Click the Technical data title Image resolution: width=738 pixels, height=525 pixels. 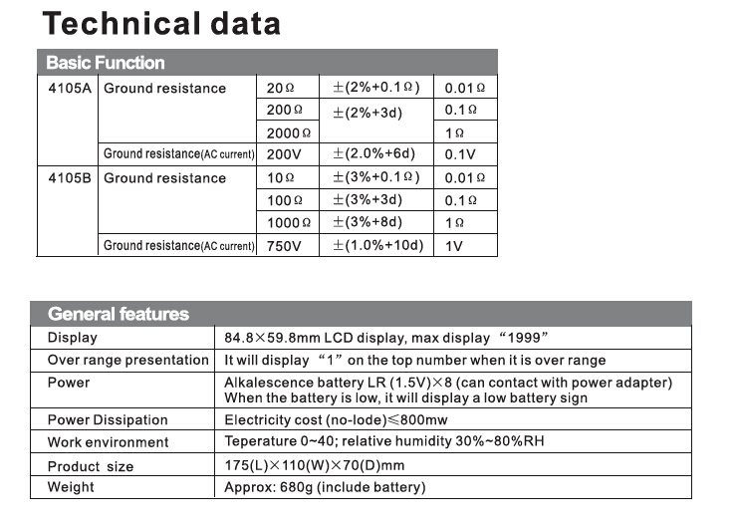click(x=162, y=24)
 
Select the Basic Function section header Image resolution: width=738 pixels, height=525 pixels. click(x=105, y=63)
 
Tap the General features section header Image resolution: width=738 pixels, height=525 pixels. click(x=118, y=314)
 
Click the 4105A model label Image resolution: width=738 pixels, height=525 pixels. click(x=69, y=89)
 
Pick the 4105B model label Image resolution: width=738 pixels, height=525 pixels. click(x=69, y=178)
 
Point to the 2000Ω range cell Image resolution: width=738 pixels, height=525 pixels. click(x=289, y=132)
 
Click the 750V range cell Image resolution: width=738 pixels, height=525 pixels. click(x=284, y=246)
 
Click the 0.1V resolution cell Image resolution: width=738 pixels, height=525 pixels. click(x=460, y=154)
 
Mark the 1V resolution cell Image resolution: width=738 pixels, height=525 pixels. click(x=454, y=246)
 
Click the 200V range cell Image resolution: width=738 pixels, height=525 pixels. click(x=284, y=154)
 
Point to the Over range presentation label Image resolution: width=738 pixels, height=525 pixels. click(x=128, y=360)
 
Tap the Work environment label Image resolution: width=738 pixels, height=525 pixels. click(x=108, y=442)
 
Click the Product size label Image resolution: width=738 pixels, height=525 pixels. click(x=90, y=466)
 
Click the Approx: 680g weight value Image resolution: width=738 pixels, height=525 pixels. click(x=325, y=487)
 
